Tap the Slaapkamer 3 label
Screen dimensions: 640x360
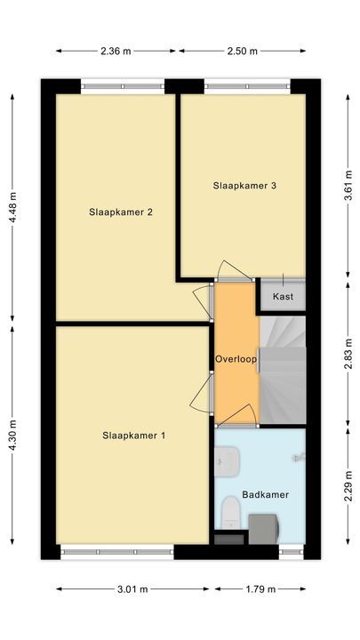[244, 186]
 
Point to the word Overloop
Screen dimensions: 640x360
[236, 359]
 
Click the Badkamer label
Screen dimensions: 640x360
[266, 495]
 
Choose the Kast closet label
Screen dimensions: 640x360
[283, 296]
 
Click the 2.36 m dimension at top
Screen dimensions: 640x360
[115, 51]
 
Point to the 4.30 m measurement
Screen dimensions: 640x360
[12, 436]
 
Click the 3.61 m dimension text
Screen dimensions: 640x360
[347, 187]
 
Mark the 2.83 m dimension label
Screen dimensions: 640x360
[347, 357]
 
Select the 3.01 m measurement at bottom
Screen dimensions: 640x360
[133, 588]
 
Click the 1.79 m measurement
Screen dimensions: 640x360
[260, 588]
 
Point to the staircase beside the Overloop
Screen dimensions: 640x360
[283, 369]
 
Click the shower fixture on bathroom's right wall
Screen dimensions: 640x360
[300, 457]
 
